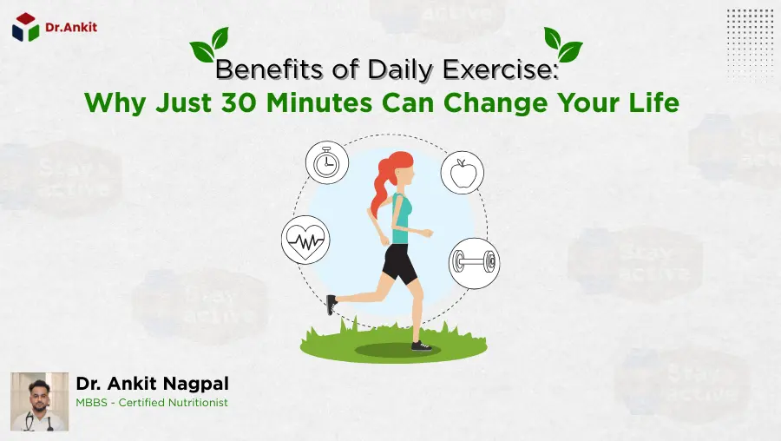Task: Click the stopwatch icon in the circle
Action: click(x=326, y=162)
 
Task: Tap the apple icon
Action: click(x=462, y=172)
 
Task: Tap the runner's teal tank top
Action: click(x=400, y=218)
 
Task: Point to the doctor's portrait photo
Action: click(x=39, y=402)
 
